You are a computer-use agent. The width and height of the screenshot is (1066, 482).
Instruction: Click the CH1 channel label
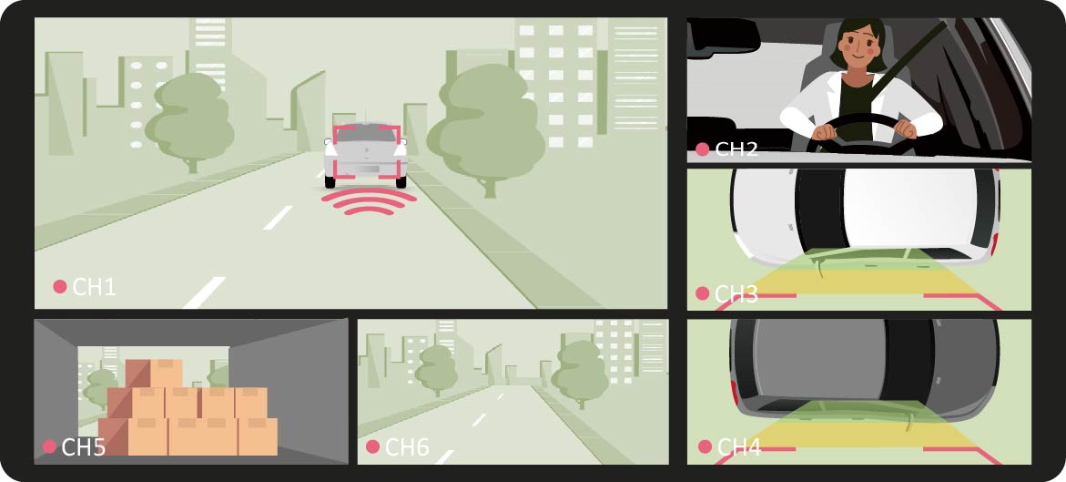point(95,287)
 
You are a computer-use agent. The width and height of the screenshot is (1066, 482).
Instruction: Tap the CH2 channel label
point(737,149)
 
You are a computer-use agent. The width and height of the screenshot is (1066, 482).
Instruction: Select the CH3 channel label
point(737,294)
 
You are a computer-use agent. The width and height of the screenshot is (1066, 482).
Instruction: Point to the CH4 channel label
point(739,447)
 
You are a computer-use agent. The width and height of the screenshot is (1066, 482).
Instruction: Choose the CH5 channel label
point(84,447)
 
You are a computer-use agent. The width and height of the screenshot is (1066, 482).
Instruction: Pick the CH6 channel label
point(407,447)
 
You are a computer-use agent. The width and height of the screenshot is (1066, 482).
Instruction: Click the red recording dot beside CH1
point(60,287)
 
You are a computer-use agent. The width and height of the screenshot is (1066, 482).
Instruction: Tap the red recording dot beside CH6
point(372,446)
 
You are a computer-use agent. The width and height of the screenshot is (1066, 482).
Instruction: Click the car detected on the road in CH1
point(366,155)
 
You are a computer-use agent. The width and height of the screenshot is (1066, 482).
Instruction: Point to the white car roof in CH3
point(910,207)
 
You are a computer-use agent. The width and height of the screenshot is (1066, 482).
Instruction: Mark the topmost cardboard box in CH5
point(166,373)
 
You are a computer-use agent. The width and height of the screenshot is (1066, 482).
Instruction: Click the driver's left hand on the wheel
point(905,128)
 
